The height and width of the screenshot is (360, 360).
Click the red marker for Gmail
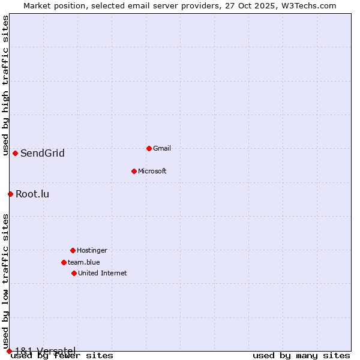coord(149,148)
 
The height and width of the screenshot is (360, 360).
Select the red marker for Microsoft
coord(134,171)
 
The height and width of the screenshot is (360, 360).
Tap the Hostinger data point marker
coord(73,250)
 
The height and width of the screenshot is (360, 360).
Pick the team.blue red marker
coord(64,262)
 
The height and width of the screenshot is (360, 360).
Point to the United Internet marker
coord(74,273)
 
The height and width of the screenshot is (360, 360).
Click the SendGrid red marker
coord(15,153)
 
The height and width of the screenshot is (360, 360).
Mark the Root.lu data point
coord(10,194)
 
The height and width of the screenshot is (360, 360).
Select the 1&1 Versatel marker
coord(9,351)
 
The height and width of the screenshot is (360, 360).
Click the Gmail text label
coord(162,148)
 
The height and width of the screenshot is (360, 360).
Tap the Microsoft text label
coord(152,171)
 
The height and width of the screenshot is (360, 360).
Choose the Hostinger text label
coord(92,250)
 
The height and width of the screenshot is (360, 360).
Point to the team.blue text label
coord(83,262)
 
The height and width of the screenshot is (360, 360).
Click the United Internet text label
coord(102,273)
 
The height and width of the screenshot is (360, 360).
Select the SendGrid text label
coord(42,153)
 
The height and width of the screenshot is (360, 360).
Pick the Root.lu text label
coord(32,194)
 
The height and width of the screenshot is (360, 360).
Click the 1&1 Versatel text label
coord(45,350)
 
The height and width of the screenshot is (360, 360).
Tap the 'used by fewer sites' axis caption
coord(62,356)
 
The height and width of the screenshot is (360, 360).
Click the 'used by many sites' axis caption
coord(301,356)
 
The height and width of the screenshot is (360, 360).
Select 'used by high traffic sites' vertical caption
coord(5,85)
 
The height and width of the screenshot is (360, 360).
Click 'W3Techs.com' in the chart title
coord(310,5)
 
